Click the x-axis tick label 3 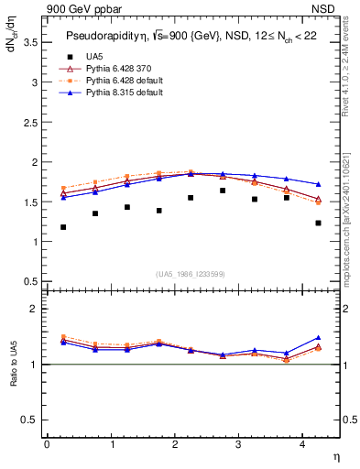(238, 443)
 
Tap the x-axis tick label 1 (111, 443)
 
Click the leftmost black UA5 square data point (63, 227)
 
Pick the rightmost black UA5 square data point (318, 223)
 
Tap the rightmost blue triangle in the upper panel (318, 184)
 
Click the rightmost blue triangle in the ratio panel (318, 338)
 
